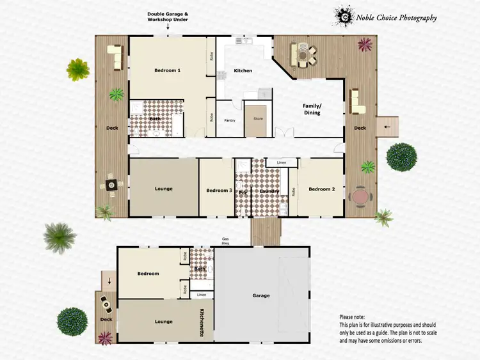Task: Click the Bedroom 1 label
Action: coord(166,70)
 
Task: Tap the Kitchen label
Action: coord(243,70)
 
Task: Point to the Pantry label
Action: coord(230,120)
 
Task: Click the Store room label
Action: coord(258,118)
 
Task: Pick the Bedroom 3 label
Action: coord(219,190)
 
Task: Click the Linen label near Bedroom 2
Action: coord(282,163)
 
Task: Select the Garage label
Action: coord(261,295)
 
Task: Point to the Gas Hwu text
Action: coord(225,241)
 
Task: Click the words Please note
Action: coord(353,317)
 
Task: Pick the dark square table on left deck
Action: coord(112,185)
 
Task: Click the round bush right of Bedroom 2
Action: coord(401,157)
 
